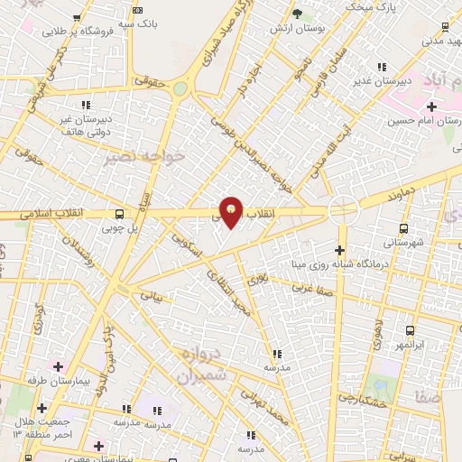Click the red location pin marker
[x=232, y=211]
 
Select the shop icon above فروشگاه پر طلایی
[x=77, y=18]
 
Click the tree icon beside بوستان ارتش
[x=297, y=13]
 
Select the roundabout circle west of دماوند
[x=343, y=210]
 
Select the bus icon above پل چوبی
[x=120, y=215]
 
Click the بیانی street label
[x=149, y=295]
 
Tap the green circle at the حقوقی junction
[x=180, y=88]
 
